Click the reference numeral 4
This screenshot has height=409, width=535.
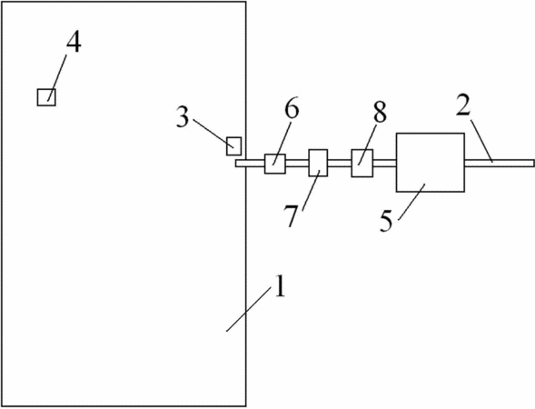click(74, 44)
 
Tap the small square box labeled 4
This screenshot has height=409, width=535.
click(46, 97)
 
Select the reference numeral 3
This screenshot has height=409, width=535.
click(183, 117)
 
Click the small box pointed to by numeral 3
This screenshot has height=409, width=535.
click(234, 146)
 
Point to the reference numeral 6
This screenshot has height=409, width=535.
click(292, 109)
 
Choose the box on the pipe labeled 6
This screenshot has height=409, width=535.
click(275, 164)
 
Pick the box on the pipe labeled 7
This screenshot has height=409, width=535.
click(318, 163)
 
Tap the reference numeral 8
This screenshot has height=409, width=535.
click(380, 113)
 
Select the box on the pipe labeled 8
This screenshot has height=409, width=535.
click(362, 164)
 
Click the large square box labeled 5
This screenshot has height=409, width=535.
click(431, 162)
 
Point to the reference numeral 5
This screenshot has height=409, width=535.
click(386, 222)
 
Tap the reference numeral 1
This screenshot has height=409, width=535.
click(280, 286)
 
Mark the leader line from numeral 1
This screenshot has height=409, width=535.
click(249, 310)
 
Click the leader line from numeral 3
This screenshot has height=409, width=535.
click(213, 134)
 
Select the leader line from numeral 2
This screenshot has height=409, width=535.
click(482, 140)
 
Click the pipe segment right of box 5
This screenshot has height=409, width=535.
click(500, 164)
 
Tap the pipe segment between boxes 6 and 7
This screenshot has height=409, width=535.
click(297, 164)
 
